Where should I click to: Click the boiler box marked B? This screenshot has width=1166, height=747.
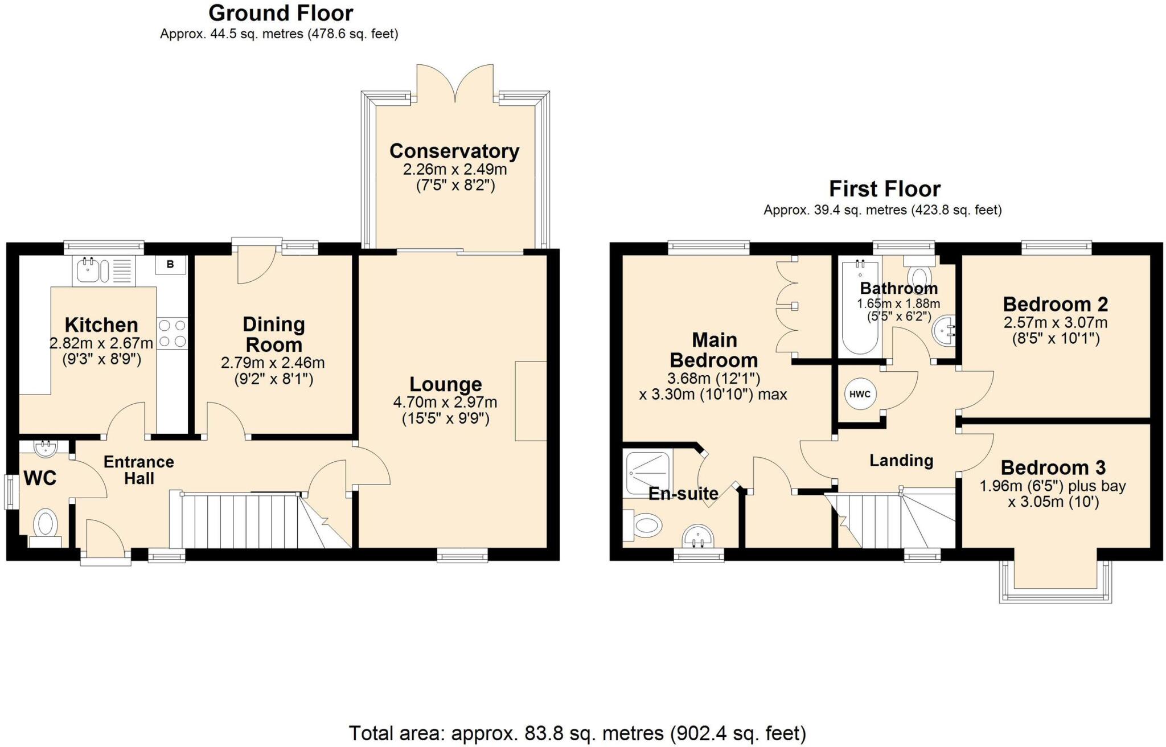[170, 265]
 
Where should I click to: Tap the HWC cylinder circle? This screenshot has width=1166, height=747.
[860, 394]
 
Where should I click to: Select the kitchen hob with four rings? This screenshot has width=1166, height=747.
[172, 334]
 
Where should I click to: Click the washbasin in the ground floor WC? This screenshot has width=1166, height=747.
[45, 449]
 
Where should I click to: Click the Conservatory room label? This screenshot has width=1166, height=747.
[454, 151]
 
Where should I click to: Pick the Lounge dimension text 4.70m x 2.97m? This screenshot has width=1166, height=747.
[445, 403]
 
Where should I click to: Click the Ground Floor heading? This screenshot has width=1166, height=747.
[281, 13]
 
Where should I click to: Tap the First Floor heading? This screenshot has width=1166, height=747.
[884, 188]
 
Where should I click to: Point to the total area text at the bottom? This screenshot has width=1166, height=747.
[577, 733]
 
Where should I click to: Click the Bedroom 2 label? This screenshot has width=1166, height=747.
[1055, 304]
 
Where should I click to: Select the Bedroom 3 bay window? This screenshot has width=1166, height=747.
[1055, 582]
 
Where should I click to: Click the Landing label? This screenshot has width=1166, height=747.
[901, 460]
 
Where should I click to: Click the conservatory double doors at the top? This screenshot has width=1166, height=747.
[455, 83]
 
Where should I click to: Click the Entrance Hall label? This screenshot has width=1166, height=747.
[138, 470]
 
